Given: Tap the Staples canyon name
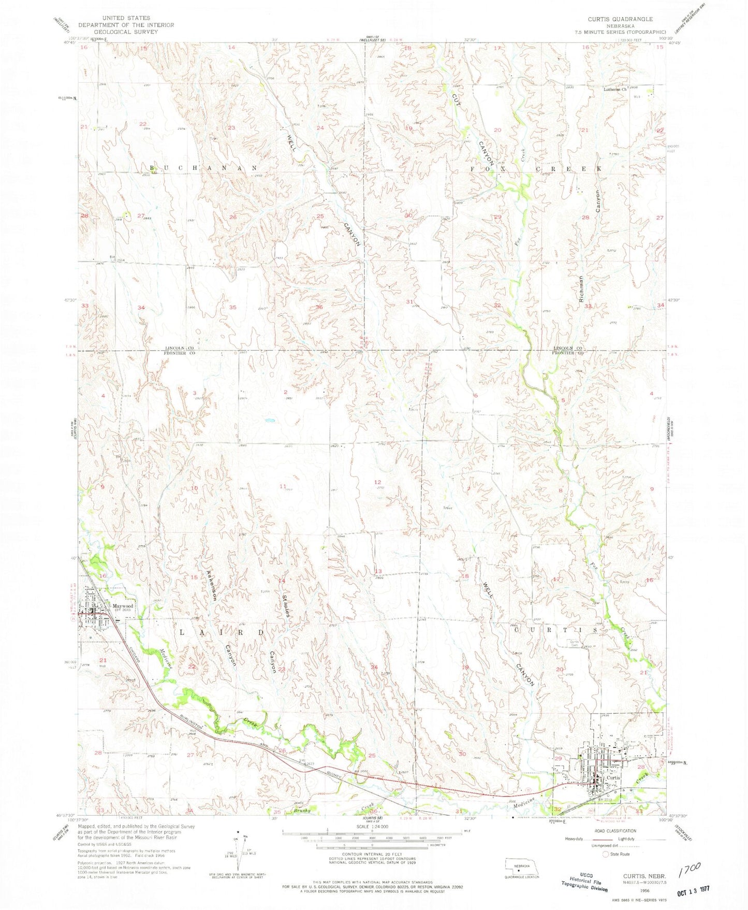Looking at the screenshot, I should (284, 603).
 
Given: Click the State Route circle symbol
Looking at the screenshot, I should (606, 855).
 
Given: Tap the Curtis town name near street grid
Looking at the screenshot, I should (613, 777).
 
